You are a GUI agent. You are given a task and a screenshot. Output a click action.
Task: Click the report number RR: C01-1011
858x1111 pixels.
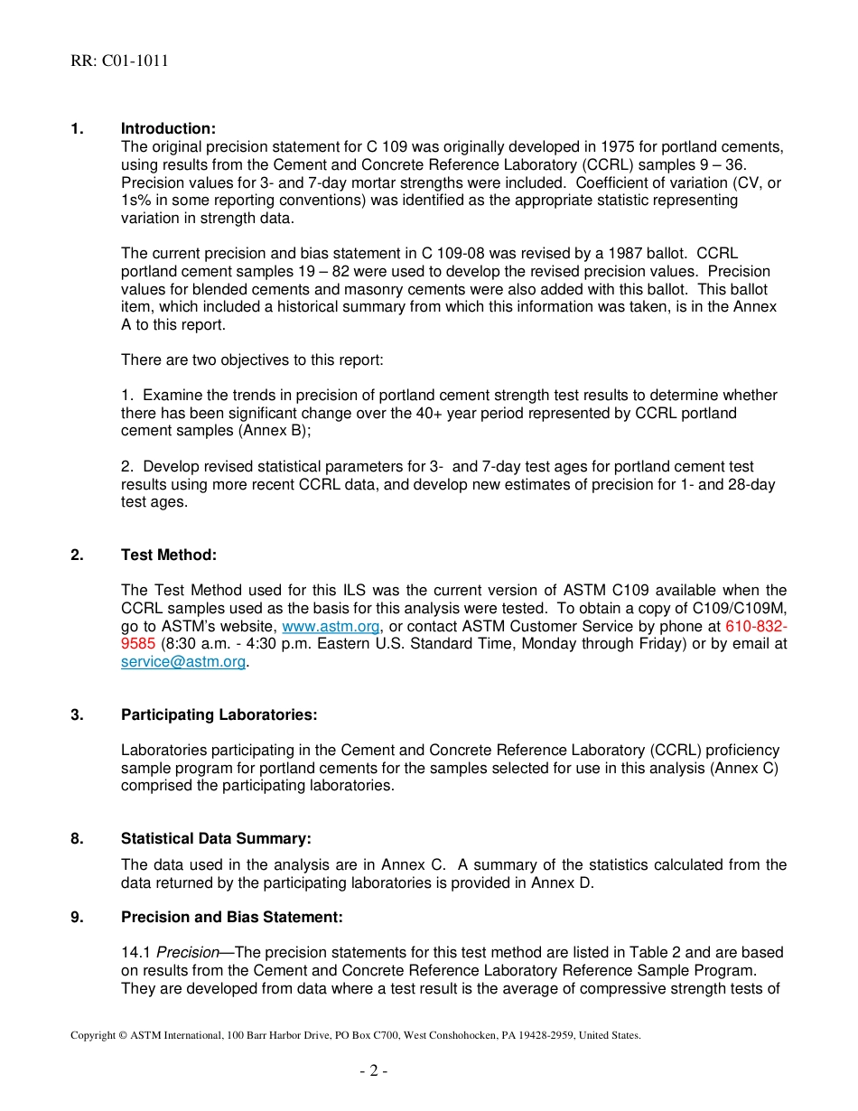[x=119, y=61]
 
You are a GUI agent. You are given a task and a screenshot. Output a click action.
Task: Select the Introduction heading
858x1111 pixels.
[x=168, y=129]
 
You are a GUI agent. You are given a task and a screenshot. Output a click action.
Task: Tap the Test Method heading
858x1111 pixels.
[x=168, y=555]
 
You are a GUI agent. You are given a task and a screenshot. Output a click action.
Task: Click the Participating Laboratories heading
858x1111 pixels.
[x=219, y=715]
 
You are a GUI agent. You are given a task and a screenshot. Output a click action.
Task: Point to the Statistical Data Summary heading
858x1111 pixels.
[x=216, y=839]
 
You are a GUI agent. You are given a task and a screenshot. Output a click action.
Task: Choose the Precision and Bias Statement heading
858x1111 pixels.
[x=231, y=918]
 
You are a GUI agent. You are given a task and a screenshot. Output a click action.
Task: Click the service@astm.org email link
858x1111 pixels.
[x=183, y=662]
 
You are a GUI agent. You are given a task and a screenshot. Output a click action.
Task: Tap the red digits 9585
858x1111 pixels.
[x=139, y=644]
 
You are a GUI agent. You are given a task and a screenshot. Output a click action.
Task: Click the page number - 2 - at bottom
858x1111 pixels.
[x=373, y=1071]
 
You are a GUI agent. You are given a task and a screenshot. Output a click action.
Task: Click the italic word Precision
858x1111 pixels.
[x=188, y=953]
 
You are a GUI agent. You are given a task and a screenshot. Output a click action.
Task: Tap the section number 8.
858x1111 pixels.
[x=77, y=839]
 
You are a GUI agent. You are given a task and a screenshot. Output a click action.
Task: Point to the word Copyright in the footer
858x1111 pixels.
[x=93, y=1036]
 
